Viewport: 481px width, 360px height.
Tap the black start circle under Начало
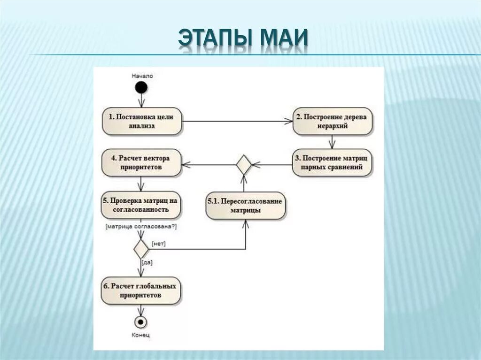141,88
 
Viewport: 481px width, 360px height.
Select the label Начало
142,75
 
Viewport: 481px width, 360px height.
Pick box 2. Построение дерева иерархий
333,122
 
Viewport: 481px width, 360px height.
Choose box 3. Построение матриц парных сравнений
332,163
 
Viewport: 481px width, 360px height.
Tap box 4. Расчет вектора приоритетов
141,163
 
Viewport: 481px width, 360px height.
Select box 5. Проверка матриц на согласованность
141,205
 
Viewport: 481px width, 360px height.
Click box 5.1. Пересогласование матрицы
245,206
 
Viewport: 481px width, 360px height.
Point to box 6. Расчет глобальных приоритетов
141,291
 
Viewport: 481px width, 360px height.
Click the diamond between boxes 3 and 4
243,165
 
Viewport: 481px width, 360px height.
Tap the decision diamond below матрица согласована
141,248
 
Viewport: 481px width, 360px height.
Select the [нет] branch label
159,244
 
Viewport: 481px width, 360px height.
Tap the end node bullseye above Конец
141,322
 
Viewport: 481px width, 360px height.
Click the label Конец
141,336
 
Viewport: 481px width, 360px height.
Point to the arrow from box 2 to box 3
333,142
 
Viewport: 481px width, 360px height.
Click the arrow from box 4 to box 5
141,184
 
